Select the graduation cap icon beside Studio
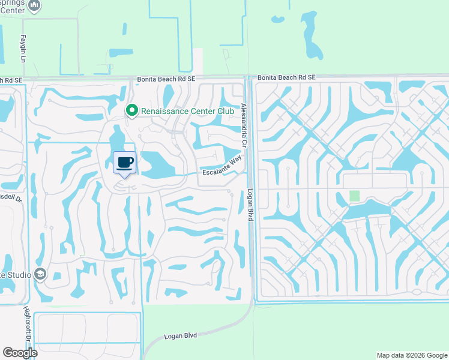(41, 274)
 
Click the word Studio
(18, 275)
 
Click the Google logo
(20, 353)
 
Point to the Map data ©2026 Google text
(411, 355)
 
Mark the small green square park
(355, 196)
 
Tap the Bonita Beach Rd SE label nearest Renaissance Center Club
(166, 79)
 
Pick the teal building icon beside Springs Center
(35, 5)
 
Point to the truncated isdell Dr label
(11, 197)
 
